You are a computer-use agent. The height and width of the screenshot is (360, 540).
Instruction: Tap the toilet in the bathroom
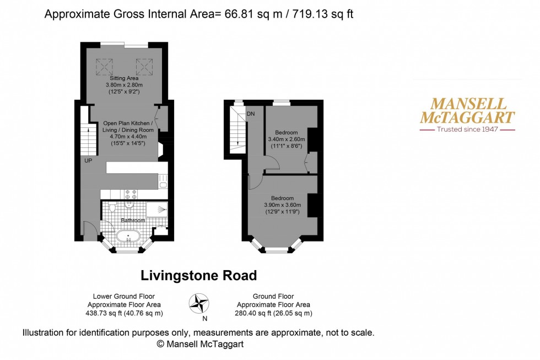(x=112, y=207)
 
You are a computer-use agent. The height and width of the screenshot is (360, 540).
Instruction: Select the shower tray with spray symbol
(x=156, y=209)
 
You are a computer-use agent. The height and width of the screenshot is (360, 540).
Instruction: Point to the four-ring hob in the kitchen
(x=132, y=194)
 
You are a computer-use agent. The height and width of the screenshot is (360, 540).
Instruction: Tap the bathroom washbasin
(x=129, y=204)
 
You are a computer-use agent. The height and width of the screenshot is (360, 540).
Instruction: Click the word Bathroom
(x=134, y=221)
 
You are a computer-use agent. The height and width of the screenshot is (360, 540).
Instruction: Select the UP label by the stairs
(x=88, y=161)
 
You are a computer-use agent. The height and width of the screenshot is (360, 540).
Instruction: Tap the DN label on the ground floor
(x=250, y=114)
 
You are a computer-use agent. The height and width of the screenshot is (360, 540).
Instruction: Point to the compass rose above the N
(x=200, y=303)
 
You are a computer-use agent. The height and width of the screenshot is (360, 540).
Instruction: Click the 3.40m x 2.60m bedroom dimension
(x=287, y=139)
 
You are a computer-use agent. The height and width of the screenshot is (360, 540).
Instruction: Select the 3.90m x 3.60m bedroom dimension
(x=282, y=205)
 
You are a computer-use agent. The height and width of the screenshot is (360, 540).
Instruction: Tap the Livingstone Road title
(x=199, y=275)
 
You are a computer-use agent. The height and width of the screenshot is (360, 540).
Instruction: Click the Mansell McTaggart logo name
(x=467, y=110)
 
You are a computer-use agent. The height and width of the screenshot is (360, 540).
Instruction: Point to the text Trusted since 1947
(x=467, y=130)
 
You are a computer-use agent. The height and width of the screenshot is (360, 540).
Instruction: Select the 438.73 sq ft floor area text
(x=125, y=313)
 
